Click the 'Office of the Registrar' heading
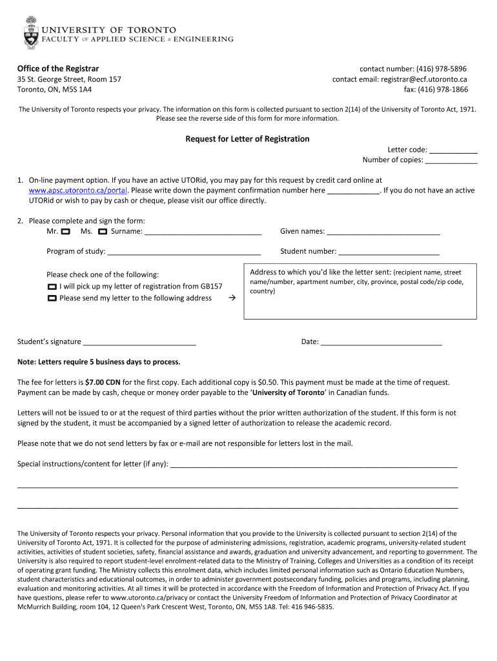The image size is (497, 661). pyautogui.click(x=58, y=68)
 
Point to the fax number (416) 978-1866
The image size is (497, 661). pyautogui.click(x=442, y=90)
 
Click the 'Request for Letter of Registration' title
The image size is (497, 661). pyautogui.click(x=248, y=139)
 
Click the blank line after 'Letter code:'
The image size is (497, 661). pyautogui.click(x=453, y=150)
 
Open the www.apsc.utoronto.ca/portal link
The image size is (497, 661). pyautogui.click(x=79, y=190)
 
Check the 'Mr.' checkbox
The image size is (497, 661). pyautogui.click(x=66, y=231)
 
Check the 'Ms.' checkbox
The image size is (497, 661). pyautogui.click(x=102, y=231)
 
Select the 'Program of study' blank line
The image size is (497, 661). pyautogui.click(x=184, y=252)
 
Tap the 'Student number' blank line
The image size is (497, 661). pyautogui.click(x=389, y=252)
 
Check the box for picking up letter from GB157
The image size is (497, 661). pyautogui.click(x=52, y=287)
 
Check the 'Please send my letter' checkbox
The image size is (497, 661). pyautogui.click(x=52, y=298)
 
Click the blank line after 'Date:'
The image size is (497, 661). pyautogui.click(x=381, y=342)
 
